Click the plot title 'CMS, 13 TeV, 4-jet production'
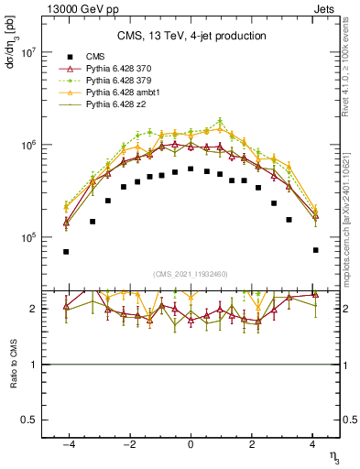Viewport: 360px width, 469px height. (191, 36)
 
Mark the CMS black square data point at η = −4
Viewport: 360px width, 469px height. (66, 251)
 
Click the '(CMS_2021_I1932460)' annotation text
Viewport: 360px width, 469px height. (191, 274)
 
